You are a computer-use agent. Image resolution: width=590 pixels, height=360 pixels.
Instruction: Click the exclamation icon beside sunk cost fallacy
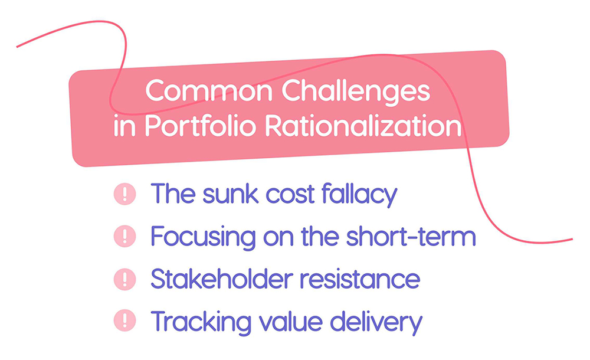pyautogui.click(x=124, y=194)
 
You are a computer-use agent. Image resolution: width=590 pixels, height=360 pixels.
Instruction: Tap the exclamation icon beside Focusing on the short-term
pyautogui.click(x=124, y=237)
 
